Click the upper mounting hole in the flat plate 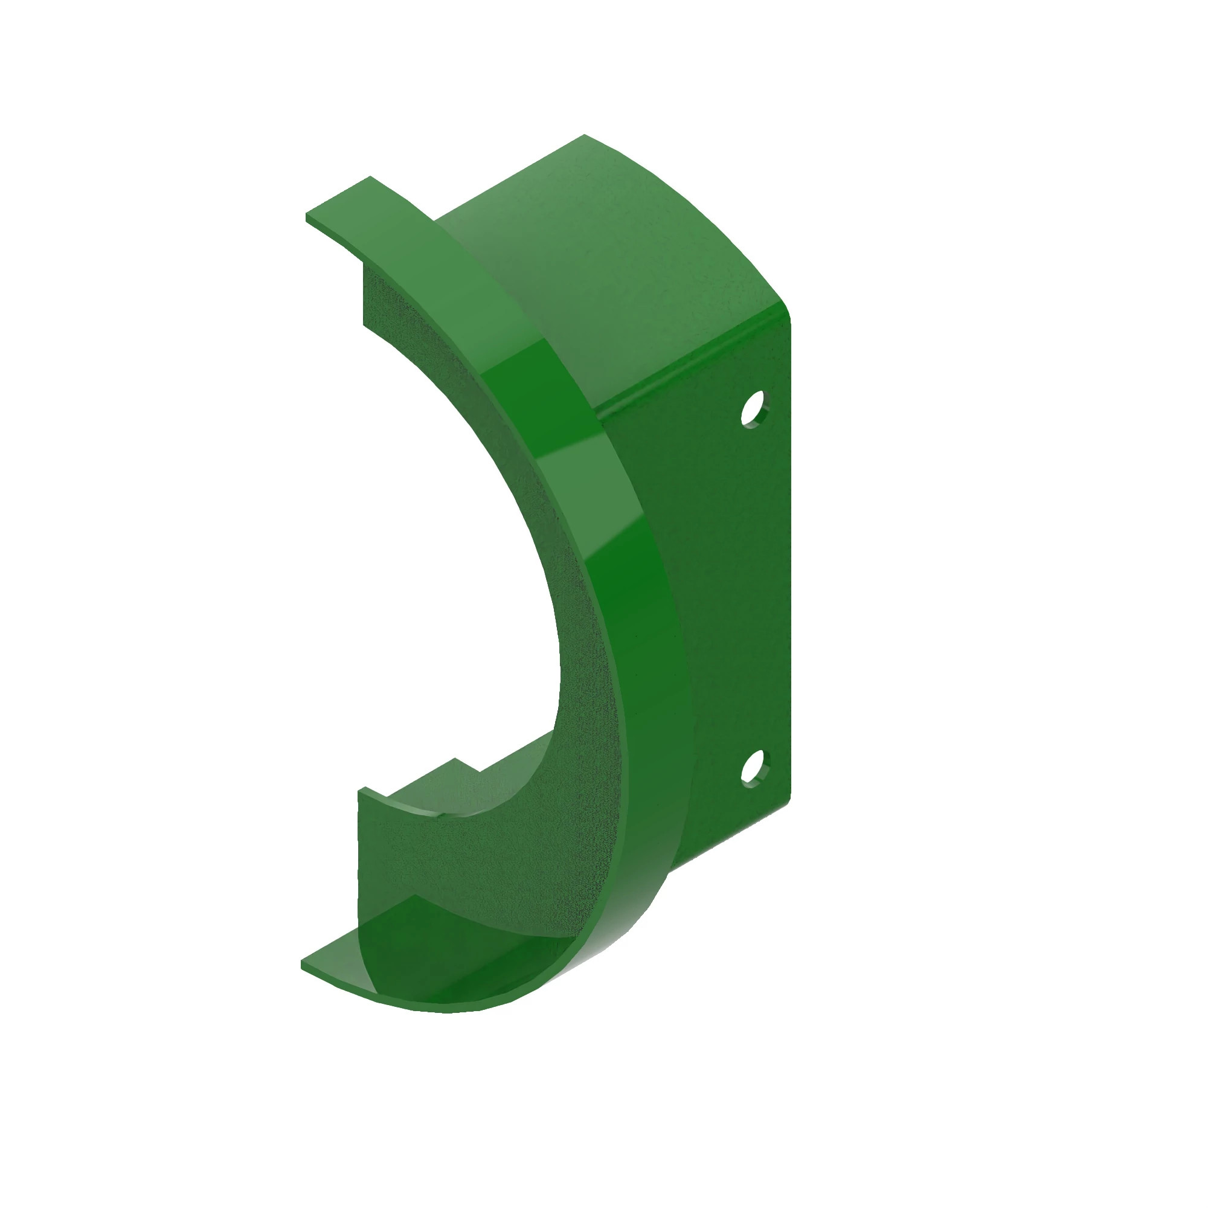tap(754, 408)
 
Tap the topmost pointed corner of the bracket tap(584, 135)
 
